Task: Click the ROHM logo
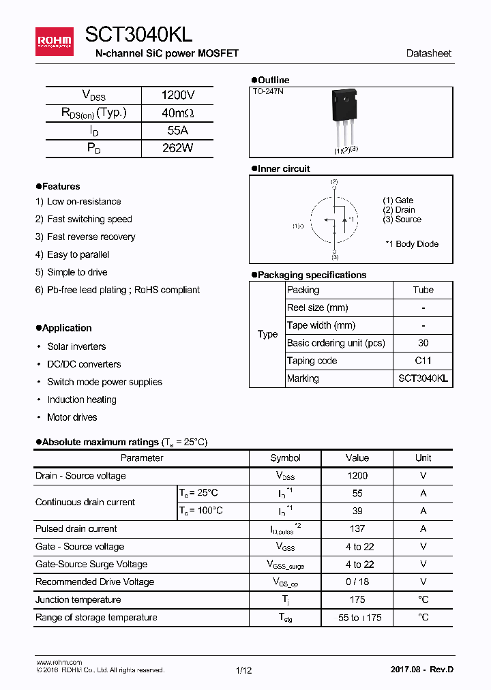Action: pos(55,42)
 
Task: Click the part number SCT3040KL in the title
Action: pos(139,35)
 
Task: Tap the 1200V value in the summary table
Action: pos(177,95)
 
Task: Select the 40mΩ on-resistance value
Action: pos(177,113)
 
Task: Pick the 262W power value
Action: pos(177,148)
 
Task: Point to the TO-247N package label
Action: pos(268,91)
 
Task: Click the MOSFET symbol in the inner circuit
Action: pos(335,219)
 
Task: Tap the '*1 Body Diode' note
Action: pos(411,243)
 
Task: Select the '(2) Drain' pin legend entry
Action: pos(399,210)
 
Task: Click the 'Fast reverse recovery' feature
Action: pos(91,237)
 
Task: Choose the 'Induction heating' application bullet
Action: pos(81,400)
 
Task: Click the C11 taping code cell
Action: pos(423,361)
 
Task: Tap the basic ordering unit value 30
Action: pos(423,343)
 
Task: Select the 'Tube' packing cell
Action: pos(423,290)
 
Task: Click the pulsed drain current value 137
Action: pos(357,528)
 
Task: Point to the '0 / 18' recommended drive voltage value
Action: pos(357,582)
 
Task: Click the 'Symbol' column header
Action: pos(285,458)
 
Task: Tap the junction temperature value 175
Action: pos(357,599)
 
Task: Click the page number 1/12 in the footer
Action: pos(243,670)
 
